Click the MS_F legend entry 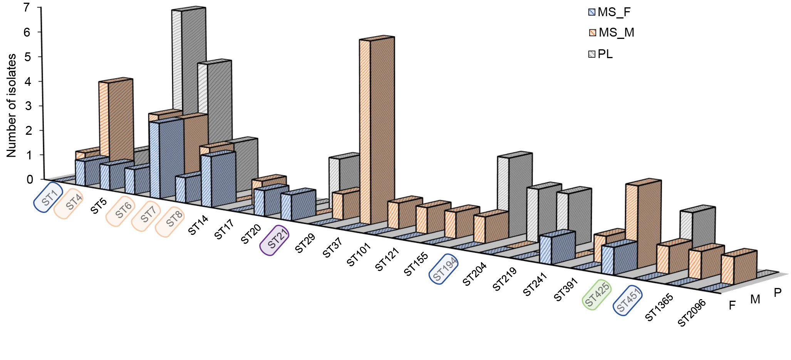609,12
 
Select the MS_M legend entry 612,33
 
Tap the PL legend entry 601,54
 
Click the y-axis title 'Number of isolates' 11,105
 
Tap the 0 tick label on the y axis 30,179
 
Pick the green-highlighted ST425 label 597,295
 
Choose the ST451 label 628,300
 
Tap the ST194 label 444,268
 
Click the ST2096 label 692,312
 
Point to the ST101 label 359,255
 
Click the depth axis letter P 778,293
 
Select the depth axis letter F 732,306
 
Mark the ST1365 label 659,307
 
